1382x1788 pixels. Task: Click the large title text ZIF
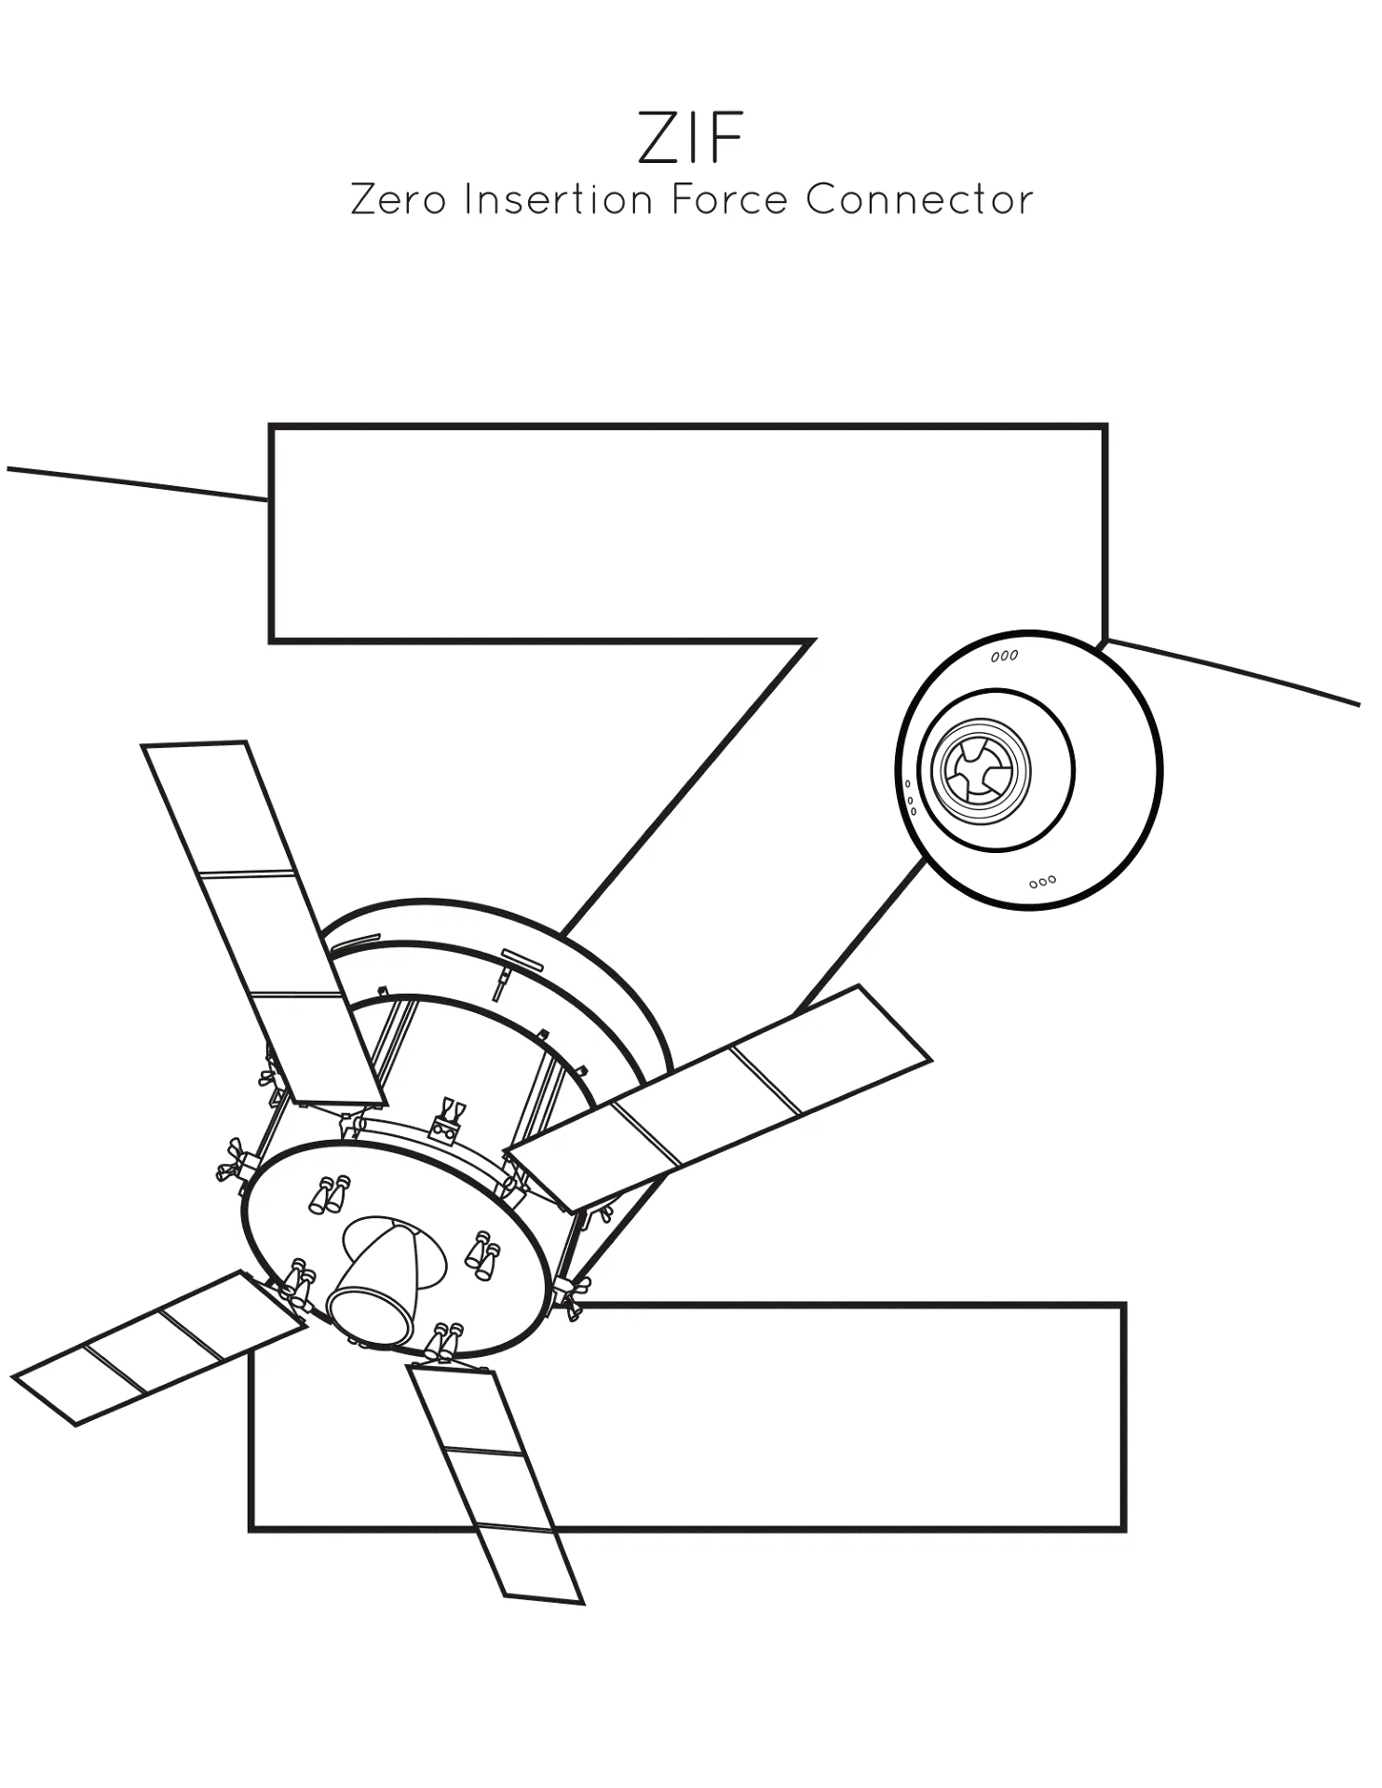691,139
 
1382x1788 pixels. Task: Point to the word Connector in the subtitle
920,199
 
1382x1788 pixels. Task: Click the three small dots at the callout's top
1005,657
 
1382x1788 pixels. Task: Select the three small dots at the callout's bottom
1042,880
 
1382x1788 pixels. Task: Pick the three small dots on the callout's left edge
910,797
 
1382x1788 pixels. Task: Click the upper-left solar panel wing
264,924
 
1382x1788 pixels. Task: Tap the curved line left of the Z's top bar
138,483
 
